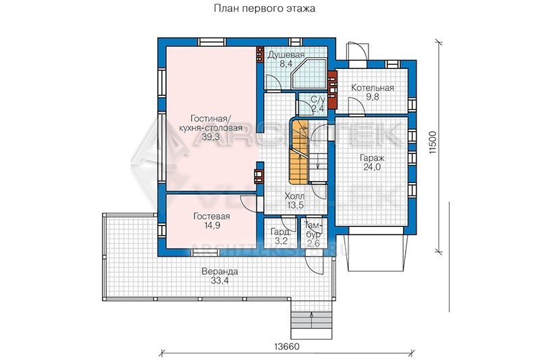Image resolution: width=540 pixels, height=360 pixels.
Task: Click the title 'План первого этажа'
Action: click(265, 8)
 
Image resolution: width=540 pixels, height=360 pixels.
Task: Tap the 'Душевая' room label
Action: click(286, 55)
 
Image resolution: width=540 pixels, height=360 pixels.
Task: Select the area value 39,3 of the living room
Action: click(211, 137)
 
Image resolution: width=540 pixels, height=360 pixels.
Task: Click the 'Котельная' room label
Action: click(373, 88)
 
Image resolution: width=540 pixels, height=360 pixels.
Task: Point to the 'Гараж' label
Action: click(373, 159)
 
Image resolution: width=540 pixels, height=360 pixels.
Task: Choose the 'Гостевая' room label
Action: click(211, 216)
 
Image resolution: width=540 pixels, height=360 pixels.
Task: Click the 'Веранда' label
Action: click(220, 272)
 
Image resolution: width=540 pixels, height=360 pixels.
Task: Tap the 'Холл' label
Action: click(294, 197)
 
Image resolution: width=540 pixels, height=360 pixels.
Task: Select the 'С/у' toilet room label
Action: click(318, 100)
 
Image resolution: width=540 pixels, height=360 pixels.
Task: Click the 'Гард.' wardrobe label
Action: click(279, 232)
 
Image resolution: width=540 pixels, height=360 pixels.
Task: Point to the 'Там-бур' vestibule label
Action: click(313, 230)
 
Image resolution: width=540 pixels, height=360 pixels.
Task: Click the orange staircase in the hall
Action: click(298, 151)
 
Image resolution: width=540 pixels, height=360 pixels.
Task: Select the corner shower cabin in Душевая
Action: click(308, 74)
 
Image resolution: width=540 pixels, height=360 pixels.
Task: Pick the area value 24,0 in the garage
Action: click(372, 167)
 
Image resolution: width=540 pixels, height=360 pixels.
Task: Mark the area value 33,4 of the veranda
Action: click(220, 280)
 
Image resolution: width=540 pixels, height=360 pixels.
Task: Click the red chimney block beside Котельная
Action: click(332, 90)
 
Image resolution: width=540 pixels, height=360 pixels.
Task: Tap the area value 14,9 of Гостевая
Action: click(211, 226)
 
